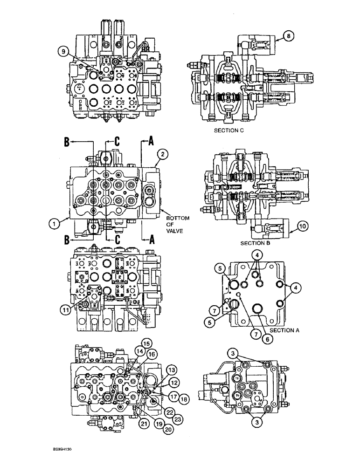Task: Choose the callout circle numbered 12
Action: click(x=161, y=383)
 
